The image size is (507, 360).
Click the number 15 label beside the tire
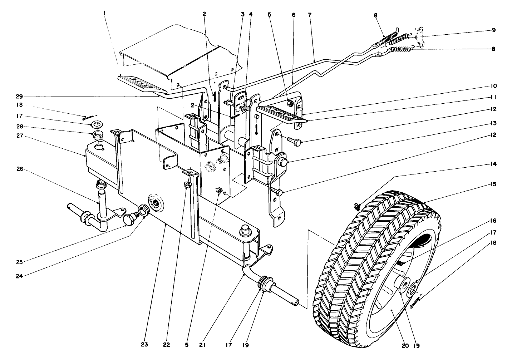coord(493,184)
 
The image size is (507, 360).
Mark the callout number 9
coord(493,30)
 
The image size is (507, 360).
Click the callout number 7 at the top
coord(310,15)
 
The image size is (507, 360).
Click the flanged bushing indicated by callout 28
coord(96,135)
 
